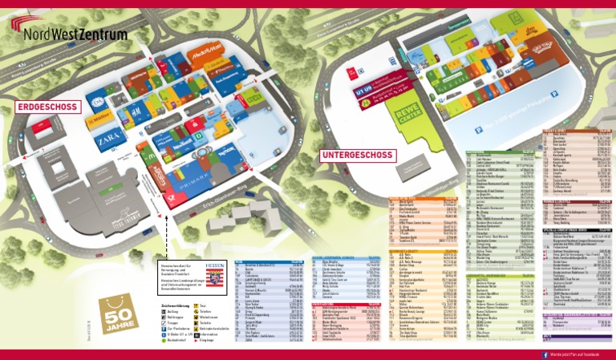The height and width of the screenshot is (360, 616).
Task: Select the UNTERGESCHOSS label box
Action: click(x=356, y=155)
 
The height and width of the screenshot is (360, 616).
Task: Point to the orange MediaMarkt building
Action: click(x=206, y=55)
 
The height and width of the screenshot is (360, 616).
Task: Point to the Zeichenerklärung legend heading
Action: click(x=175, y=305)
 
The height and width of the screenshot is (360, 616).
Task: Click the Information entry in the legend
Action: click(x=219, y=333)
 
